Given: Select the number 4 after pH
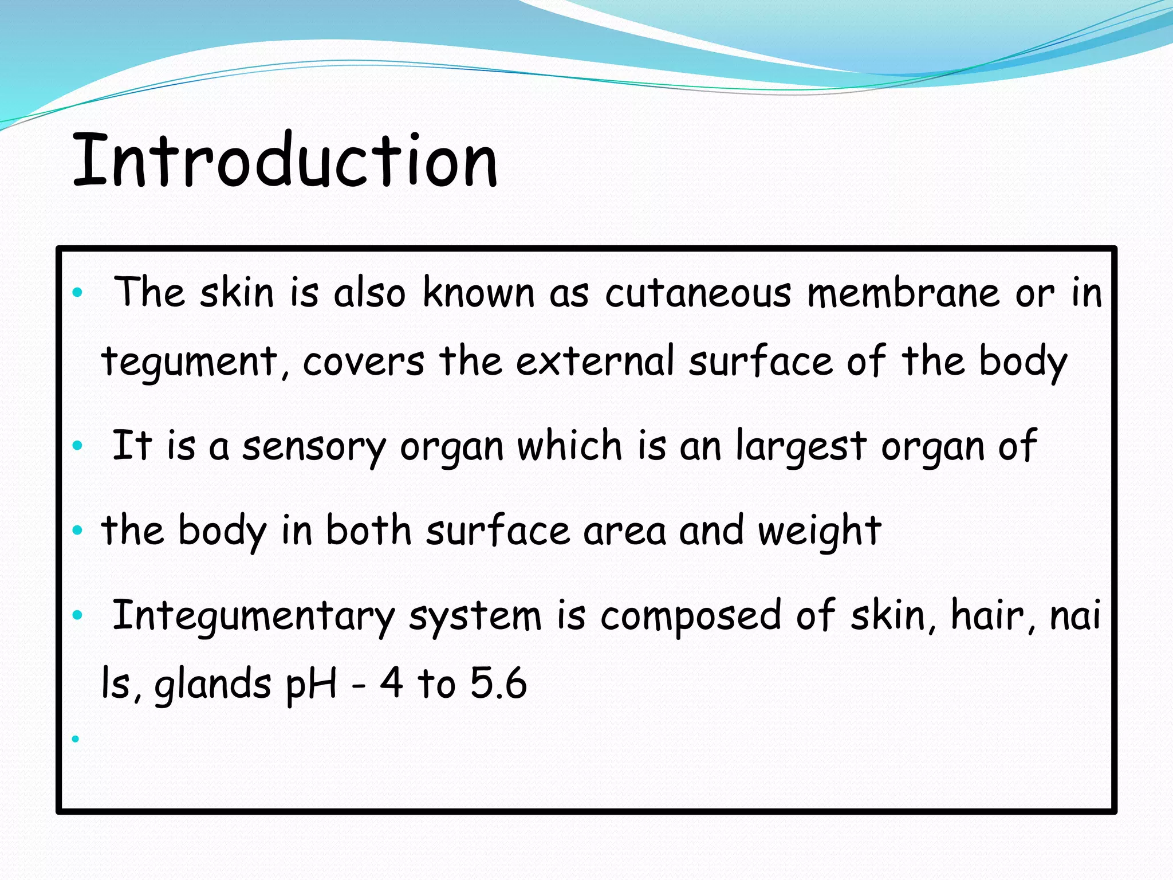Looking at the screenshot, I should (391, 683).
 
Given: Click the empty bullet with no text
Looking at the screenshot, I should (76, 739).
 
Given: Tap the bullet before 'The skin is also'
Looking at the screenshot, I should (78, 294).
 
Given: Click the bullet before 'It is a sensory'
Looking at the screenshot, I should (78, 446).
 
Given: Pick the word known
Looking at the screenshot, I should (478, 293).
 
